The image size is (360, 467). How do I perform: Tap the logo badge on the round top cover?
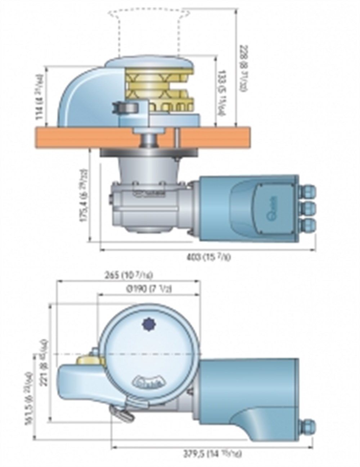(x=151, y=380)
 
